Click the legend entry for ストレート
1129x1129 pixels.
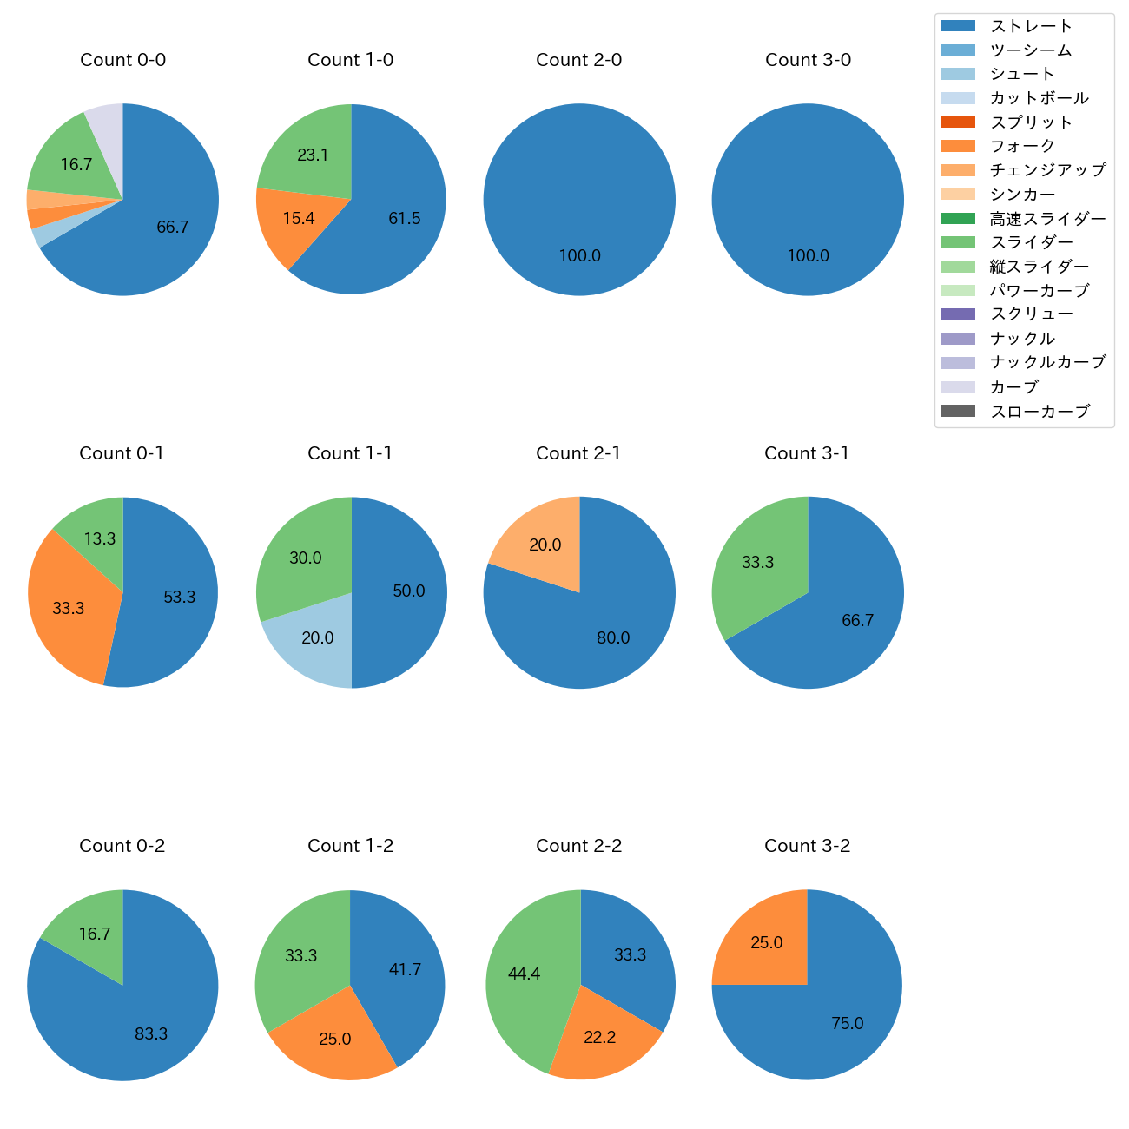[x=1030, y=26]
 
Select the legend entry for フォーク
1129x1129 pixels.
[x=1022, y=146]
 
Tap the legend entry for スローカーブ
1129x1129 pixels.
[x=1040, y=412]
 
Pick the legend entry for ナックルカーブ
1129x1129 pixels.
[x=1047, y=363]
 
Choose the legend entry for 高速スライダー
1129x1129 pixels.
[x=1047, y=219]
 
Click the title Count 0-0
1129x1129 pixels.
[x=123, y=60]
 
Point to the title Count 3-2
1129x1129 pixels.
[x=808, y=846]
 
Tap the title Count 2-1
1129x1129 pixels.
[x=579, y=453]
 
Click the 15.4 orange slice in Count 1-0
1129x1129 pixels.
[x=295, y=221]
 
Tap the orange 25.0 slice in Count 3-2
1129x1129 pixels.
[x=764, y=942]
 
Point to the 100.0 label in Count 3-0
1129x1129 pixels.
[x=808, y=256]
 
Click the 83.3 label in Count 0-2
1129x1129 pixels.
[x=151, y=1034]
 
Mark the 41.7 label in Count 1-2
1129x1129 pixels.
[x=405, y=970]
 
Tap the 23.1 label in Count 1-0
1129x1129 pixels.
[x=313, y=155]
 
